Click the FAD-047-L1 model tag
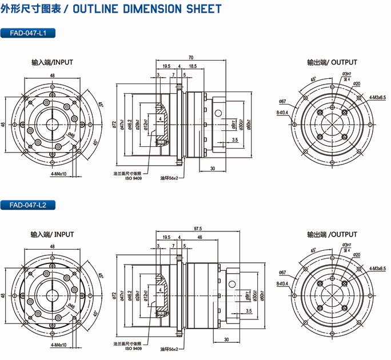[x=28, y=34]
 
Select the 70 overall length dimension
[x=190, y=58]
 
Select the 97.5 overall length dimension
[x=198, y=229]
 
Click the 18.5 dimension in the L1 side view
[x=193, y=67]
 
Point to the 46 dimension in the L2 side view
[x=200, y=237]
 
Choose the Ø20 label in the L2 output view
[x=356, y=255]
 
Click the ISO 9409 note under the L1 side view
[x=134, y=178]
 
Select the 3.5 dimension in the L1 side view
[x=235, y=139]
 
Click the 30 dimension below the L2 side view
[x=227, y=339]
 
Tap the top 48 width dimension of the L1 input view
[x=52, y=75]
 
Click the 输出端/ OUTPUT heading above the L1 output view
[x=332, y=62]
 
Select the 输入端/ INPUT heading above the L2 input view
[x=52, y=234]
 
